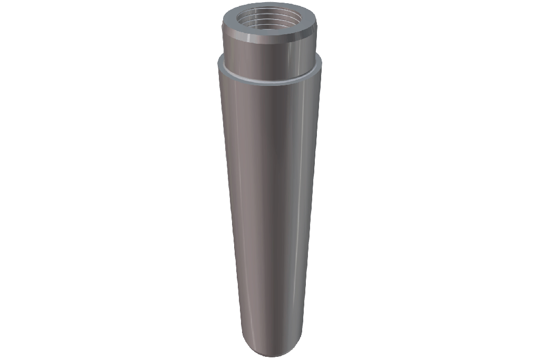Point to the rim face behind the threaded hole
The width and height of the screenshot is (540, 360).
(270, 6)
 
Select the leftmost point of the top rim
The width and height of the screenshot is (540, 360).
(222, 21)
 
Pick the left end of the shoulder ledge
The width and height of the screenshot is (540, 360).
(219, 63)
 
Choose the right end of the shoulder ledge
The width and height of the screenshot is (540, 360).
(321, 63)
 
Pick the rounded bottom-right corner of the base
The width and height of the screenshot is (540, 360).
(294, 345)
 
